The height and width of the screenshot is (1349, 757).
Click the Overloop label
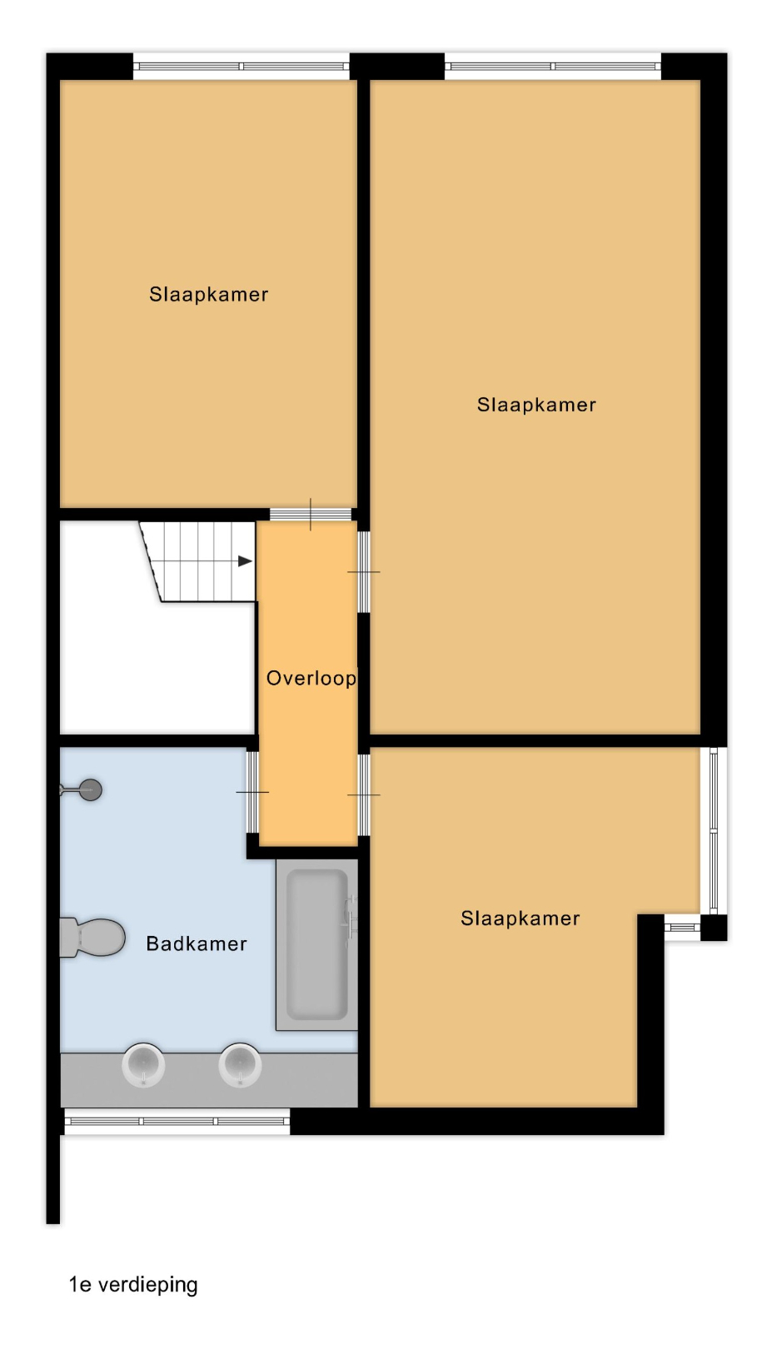point(311,679)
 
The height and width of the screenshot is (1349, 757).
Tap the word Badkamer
point(197,943)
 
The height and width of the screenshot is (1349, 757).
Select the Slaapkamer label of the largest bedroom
point(536,405)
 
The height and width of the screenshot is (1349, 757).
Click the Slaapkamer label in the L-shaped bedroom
point(520,918)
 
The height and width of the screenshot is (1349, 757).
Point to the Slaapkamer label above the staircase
point(208,295)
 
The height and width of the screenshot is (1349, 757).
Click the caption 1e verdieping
point(133,1285)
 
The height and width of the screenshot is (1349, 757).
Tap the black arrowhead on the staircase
point(245,561)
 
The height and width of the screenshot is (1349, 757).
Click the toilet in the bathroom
point(92,938)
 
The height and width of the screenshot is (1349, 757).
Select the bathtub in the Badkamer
point(316,944)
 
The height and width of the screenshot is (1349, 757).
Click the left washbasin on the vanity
point(143,1065)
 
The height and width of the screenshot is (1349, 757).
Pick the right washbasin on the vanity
point(240,1065)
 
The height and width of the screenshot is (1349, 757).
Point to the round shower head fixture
point(90,789)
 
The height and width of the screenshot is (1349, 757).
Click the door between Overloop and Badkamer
point(253,792)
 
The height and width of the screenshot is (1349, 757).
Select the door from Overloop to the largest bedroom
point(364,571)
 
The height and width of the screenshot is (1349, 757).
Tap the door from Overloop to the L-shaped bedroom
point(364,795)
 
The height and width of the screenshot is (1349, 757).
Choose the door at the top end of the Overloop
point(310,515)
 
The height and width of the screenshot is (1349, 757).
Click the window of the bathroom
point(177,1122)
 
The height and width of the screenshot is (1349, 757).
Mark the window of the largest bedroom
point(553,67)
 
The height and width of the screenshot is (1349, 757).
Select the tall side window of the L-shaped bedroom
point(714,831)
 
